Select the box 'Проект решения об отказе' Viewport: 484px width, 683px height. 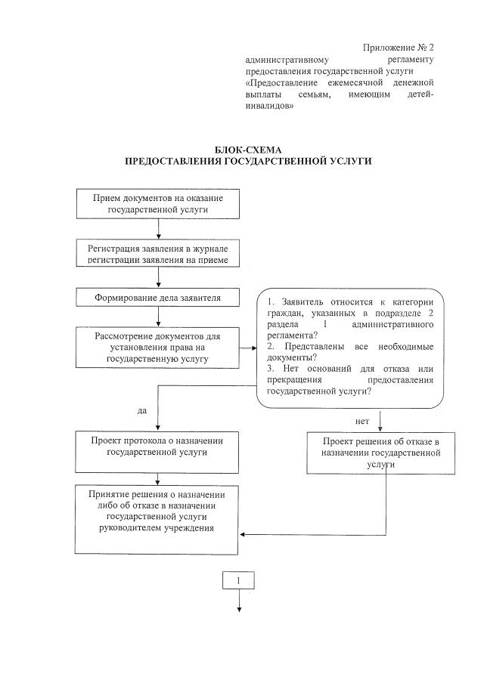pyautogui.click(x=381, y=453)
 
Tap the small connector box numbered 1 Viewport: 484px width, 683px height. pyautogui.click(x=239, y=580)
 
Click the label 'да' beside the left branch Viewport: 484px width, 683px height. pyautogui.click(x=142, y=411)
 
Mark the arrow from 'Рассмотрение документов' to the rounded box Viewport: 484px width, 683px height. pyautogui.click(x=247, y=348)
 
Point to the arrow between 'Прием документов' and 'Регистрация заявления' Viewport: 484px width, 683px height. pyautogui.click(x=158, y=228)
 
